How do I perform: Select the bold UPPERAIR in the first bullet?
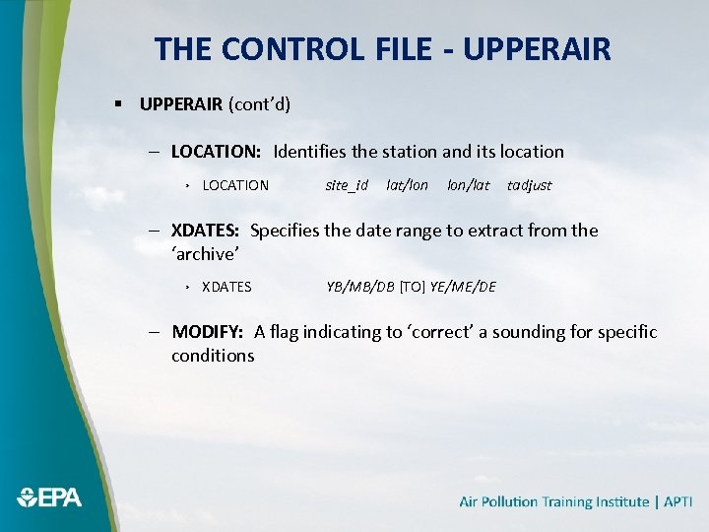[181, 103]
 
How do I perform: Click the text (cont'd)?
[259, 103]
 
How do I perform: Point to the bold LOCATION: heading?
[216, 152]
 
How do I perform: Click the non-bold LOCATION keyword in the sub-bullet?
[234, 185]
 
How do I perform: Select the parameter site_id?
[347, 185]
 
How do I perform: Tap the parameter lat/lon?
[407, 185]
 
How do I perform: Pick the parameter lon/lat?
[468, 185]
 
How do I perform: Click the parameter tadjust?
[529, 185]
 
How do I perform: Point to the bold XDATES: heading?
[206, 231]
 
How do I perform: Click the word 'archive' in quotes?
[205, 254]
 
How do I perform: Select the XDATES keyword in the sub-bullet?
[226, 287]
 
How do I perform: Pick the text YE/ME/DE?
[463, 287]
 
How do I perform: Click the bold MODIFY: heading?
[208, 332]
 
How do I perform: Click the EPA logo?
[48, 498]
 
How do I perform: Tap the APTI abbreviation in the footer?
[678, 501]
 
